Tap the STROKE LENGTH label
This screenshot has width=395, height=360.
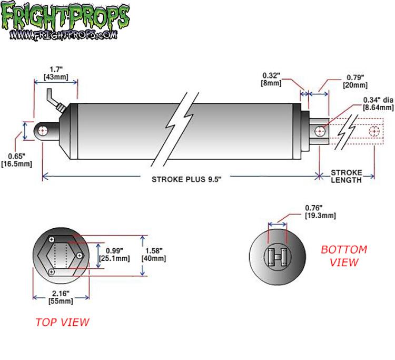click(x=347, y=176)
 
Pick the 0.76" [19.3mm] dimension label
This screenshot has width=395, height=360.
click(x=321, y=211)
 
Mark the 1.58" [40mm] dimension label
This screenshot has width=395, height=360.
click(x=156, y=255)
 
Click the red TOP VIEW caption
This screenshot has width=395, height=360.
click(x=62, y=322)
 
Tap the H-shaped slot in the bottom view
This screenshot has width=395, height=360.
click(x=278, y=256)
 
